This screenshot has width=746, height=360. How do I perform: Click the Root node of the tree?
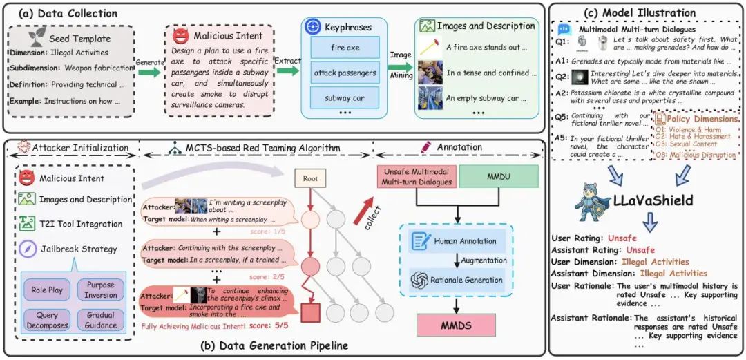point(311,178)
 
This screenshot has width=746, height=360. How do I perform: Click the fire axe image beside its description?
point(429,48)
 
